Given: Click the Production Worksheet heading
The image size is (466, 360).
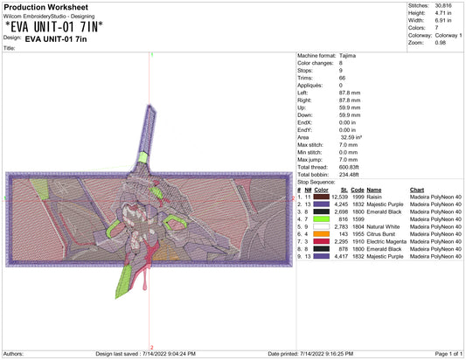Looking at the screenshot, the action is (45, 7).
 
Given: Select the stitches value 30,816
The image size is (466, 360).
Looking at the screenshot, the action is (443, 5).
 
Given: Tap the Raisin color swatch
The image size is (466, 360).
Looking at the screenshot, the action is (321, 197).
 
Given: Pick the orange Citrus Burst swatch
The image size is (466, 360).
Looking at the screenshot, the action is (321, 234).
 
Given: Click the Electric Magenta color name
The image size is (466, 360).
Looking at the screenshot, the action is (386, 241).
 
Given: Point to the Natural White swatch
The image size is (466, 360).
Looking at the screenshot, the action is (321, 226).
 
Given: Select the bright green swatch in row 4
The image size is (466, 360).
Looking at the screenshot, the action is (321, 219).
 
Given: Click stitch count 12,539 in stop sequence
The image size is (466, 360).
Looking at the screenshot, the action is (340, 197).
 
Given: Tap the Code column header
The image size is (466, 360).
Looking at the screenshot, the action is (358, 190).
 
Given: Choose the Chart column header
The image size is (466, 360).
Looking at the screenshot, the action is (417, 190).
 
